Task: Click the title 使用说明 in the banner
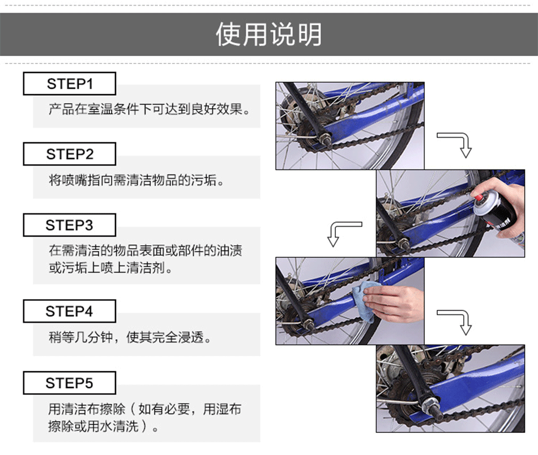click(x=268, y=35)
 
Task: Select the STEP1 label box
click(x=69, y=83)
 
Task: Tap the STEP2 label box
click(x=69, y=154)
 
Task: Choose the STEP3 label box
click(x=69, y=225)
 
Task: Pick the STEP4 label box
click(x=69, y=311)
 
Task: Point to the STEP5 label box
click(x=69, y=382)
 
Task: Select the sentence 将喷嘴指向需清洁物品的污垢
click(x=136, y=180)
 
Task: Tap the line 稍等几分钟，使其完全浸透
click(x=130, y=337)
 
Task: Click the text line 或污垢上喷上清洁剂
click(x=110, y=268)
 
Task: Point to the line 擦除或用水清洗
click(x=103, y=427)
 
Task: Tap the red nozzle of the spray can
click(x=478, y=197)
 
